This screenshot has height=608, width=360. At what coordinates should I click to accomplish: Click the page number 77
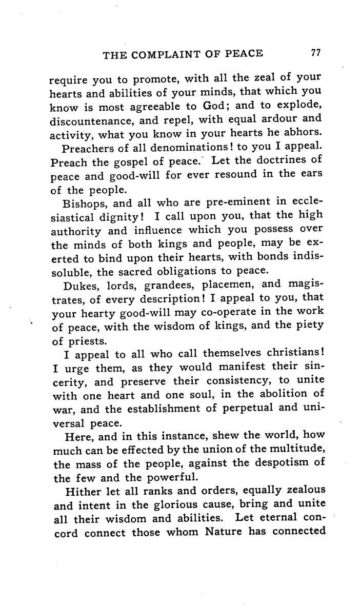[x=315, y=53]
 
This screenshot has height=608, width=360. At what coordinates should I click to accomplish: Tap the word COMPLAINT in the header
[x=177, y=54]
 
